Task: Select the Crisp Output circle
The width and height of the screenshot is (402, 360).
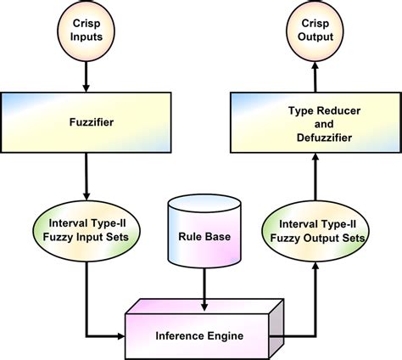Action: (316, 34)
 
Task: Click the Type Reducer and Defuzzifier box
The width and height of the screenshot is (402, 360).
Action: (316, 122)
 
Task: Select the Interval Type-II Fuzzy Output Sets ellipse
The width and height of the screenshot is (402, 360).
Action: (316, 230)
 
